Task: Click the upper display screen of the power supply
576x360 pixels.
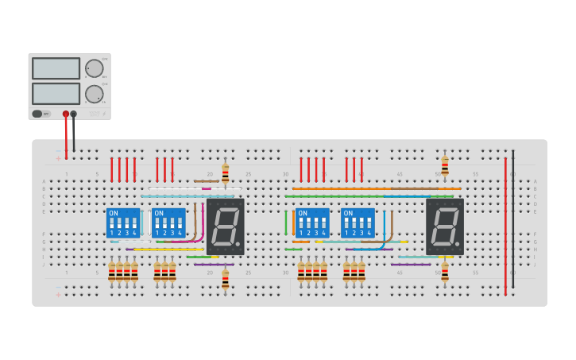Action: pyautogui.click(x=56, y=68)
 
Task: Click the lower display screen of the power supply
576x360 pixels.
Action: pyautogui.click(x=56, y=94)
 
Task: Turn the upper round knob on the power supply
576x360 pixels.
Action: pyautogui.click(x=94, y=68)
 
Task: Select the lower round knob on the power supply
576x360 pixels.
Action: pyautogui.click(x=94, y=94)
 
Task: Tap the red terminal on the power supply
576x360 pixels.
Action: pyautogui.click(x=66, y=114)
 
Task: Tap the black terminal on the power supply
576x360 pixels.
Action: pyautogui.click(x=74, y=114)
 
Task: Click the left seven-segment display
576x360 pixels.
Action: pyautogui.click(x=225, y=226)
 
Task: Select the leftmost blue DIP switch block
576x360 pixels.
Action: pyautogui.click(x=123, y=223)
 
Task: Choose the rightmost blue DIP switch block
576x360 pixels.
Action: pyautogui.click(x=358, y=223)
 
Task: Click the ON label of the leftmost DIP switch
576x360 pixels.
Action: pyautogui.click(x=113, y=214)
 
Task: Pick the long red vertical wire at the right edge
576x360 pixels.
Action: pyautogui.click(x=505, y=226)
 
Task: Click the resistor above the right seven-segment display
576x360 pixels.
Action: pyautogui.click(x=445, y=166)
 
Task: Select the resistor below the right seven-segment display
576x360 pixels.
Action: pyautogui.click(x=445, y=272)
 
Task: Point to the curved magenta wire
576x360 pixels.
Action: pyautogui.click(x=201, y=226)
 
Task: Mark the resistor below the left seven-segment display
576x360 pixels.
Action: pyautogui.click(x=225, y=278)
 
